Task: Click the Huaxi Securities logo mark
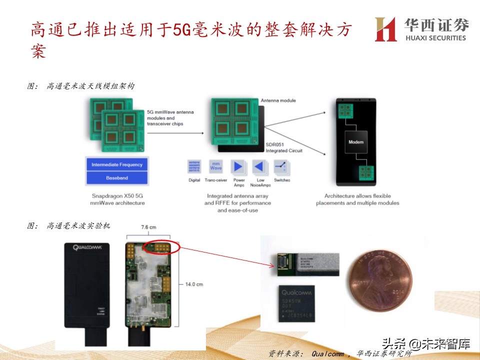click(x=386, y=29)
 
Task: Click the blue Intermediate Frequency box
click(x=117, y=164)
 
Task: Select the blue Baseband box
click(x=117, y=178)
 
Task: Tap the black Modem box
click(x=355, y=142)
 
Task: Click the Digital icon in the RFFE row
click(x=194, y=167)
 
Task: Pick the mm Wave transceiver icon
click(x=216, y=167)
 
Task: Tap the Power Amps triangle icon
click(x=238, y=167)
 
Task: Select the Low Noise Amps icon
click(x=260, y=167)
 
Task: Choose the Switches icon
click(x=282, y=167)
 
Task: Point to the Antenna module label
click(x=278, y=100)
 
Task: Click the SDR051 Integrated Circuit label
click(x=284, y=147)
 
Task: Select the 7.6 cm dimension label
click(x=148, y=227)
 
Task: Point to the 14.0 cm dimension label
click(x=194, y=284)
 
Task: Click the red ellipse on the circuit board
click(x=161, y=248)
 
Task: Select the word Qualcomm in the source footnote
click(x=327, y=353)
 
